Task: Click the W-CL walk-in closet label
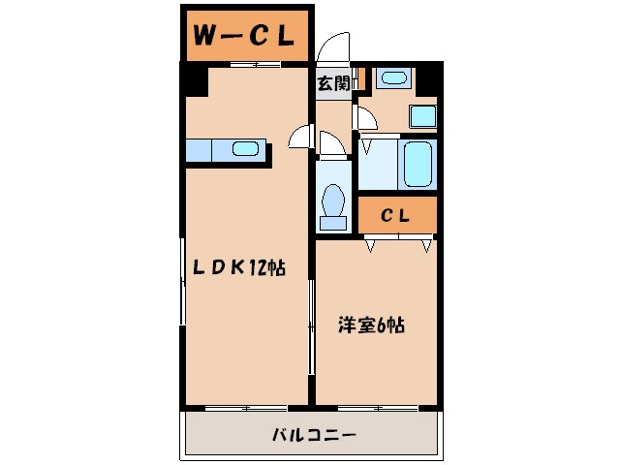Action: pyautogui.click(x=243, y=36)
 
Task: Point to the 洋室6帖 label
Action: pyautogui.click(x=371, y=326)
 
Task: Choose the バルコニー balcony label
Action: pyautogui.click(x=313, y=436)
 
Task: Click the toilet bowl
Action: pyautogui.click(x=333, y=201)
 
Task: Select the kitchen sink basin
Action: pyautogui.click(x=246, y=149)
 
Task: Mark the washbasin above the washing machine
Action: pyautogui.click(x=393, y=77)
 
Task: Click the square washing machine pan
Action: pyautogui.click(x=422, y=115)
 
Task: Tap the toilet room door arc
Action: pyautogui.click(x=332, y=145)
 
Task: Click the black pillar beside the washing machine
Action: pyautogui.click(x=427, y=80)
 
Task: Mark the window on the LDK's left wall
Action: pyautogui.click(x=183, y=291)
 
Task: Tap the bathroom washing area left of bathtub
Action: pyautogui.click(x=378, y=164)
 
